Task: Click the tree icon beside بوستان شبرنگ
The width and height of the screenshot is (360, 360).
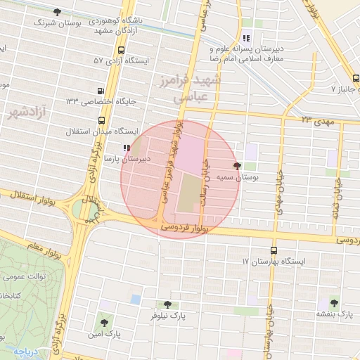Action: [x=56, y=12]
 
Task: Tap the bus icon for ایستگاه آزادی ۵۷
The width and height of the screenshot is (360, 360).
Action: [x=122, y=51]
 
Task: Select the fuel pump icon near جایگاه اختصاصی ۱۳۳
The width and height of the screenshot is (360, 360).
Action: [x=101, y=91]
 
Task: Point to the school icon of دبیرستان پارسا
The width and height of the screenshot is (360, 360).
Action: [x=126, y=148]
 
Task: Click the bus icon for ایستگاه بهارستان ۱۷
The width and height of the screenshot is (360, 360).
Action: [x=273, y=250]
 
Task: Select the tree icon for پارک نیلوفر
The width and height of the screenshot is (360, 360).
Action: [x=167, y=304]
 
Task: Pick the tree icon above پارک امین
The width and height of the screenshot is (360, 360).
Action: [x=104, y=321]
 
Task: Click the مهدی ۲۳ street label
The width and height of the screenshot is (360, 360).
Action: [x=315, y=120]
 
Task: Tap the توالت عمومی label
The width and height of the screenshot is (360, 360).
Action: [x=27, y=276]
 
